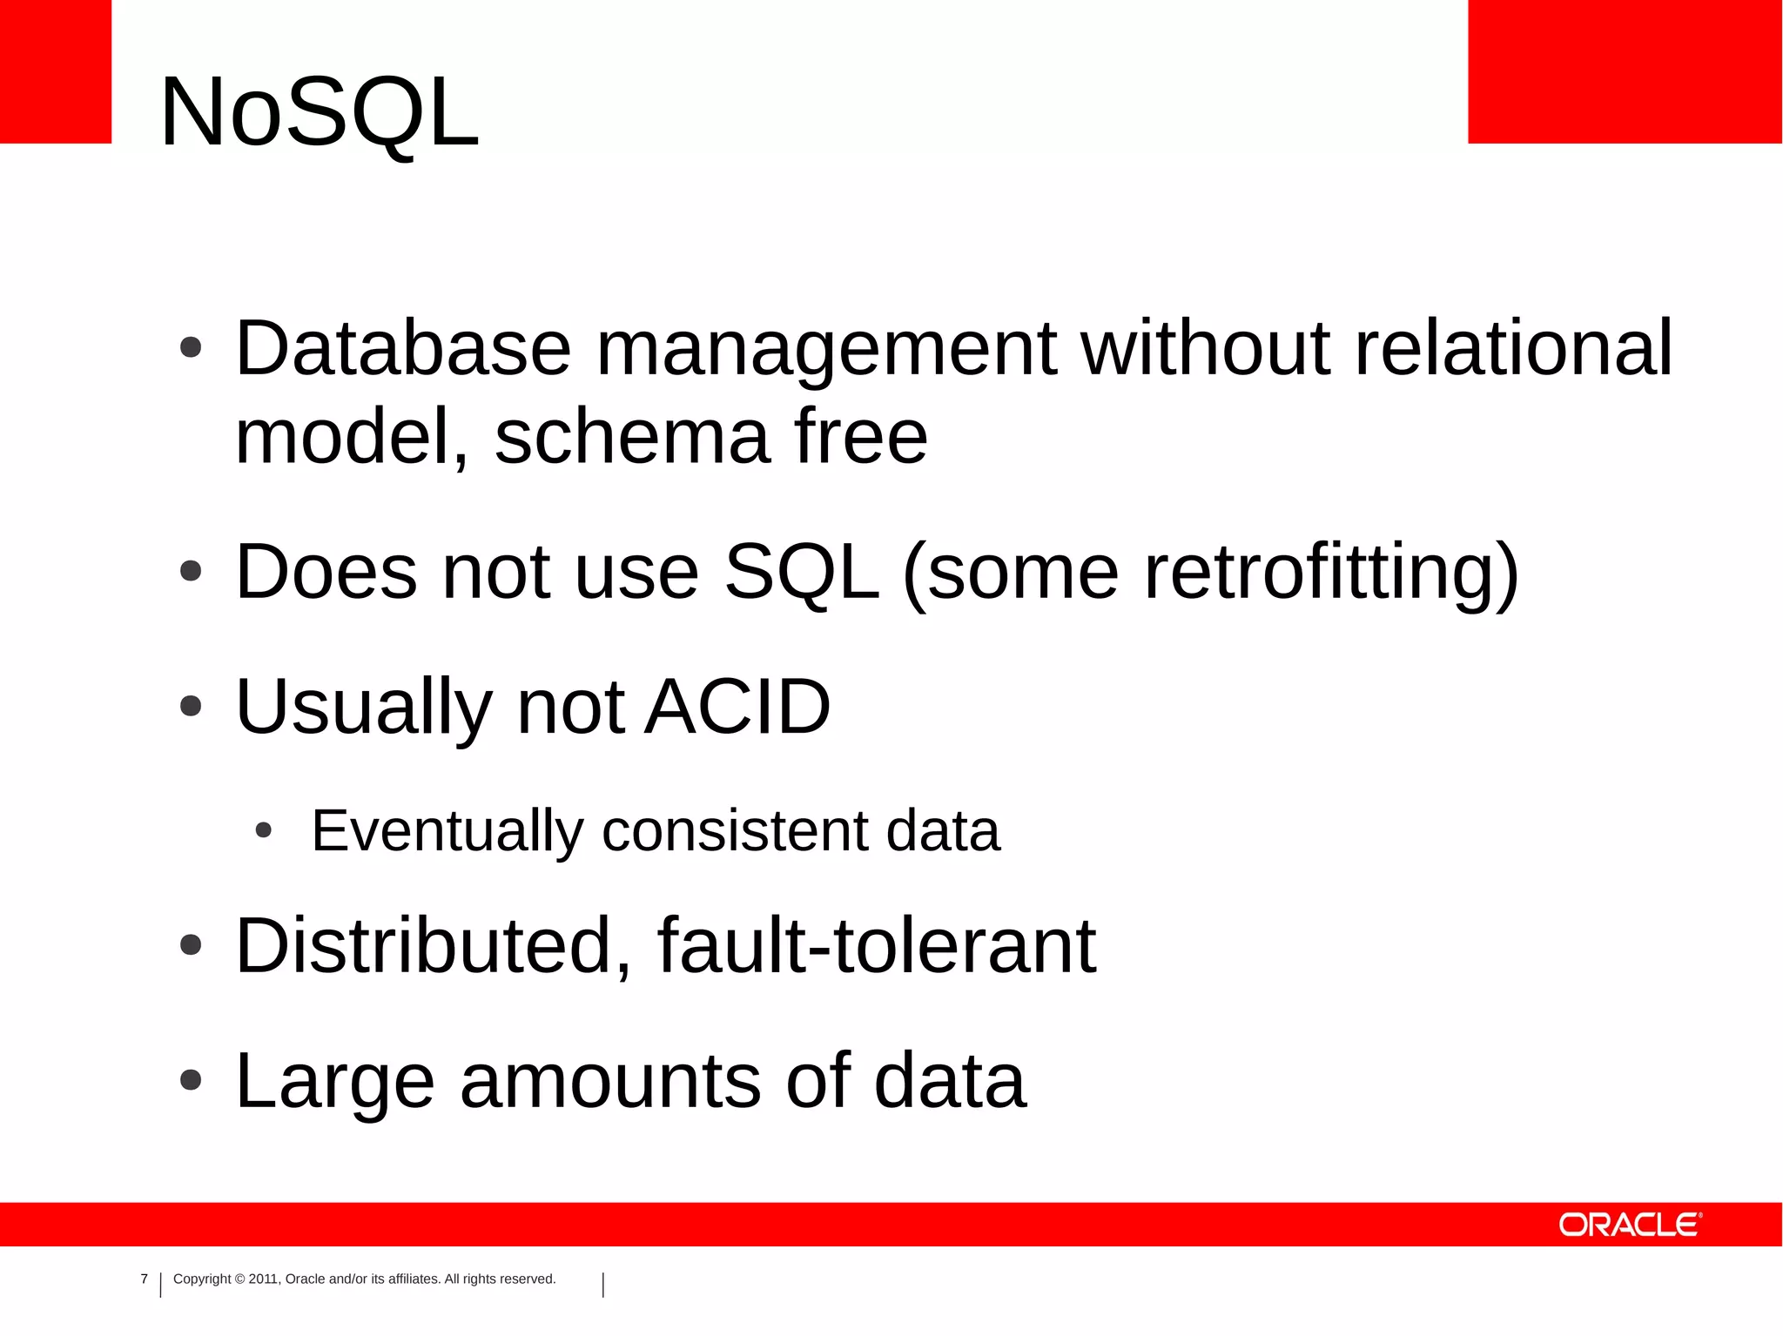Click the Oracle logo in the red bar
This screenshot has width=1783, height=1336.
click(1629, 1225)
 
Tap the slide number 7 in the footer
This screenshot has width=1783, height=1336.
click(145, 1279)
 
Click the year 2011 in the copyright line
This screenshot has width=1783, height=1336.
click(262, 1279)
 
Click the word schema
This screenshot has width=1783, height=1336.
click(632, 437)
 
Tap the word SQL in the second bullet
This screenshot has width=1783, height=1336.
click(801, 572)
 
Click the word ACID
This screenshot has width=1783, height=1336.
click(737, 707)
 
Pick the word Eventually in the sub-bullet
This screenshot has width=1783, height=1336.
click(447, 830)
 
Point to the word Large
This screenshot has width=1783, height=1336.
click(335, 1083)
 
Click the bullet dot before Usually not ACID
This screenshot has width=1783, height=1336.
click(191, 707)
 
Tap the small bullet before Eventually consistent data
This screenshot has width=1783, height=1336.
click(264, 831)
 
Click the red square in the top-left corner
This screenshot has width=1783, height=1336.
click(55, 70)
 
